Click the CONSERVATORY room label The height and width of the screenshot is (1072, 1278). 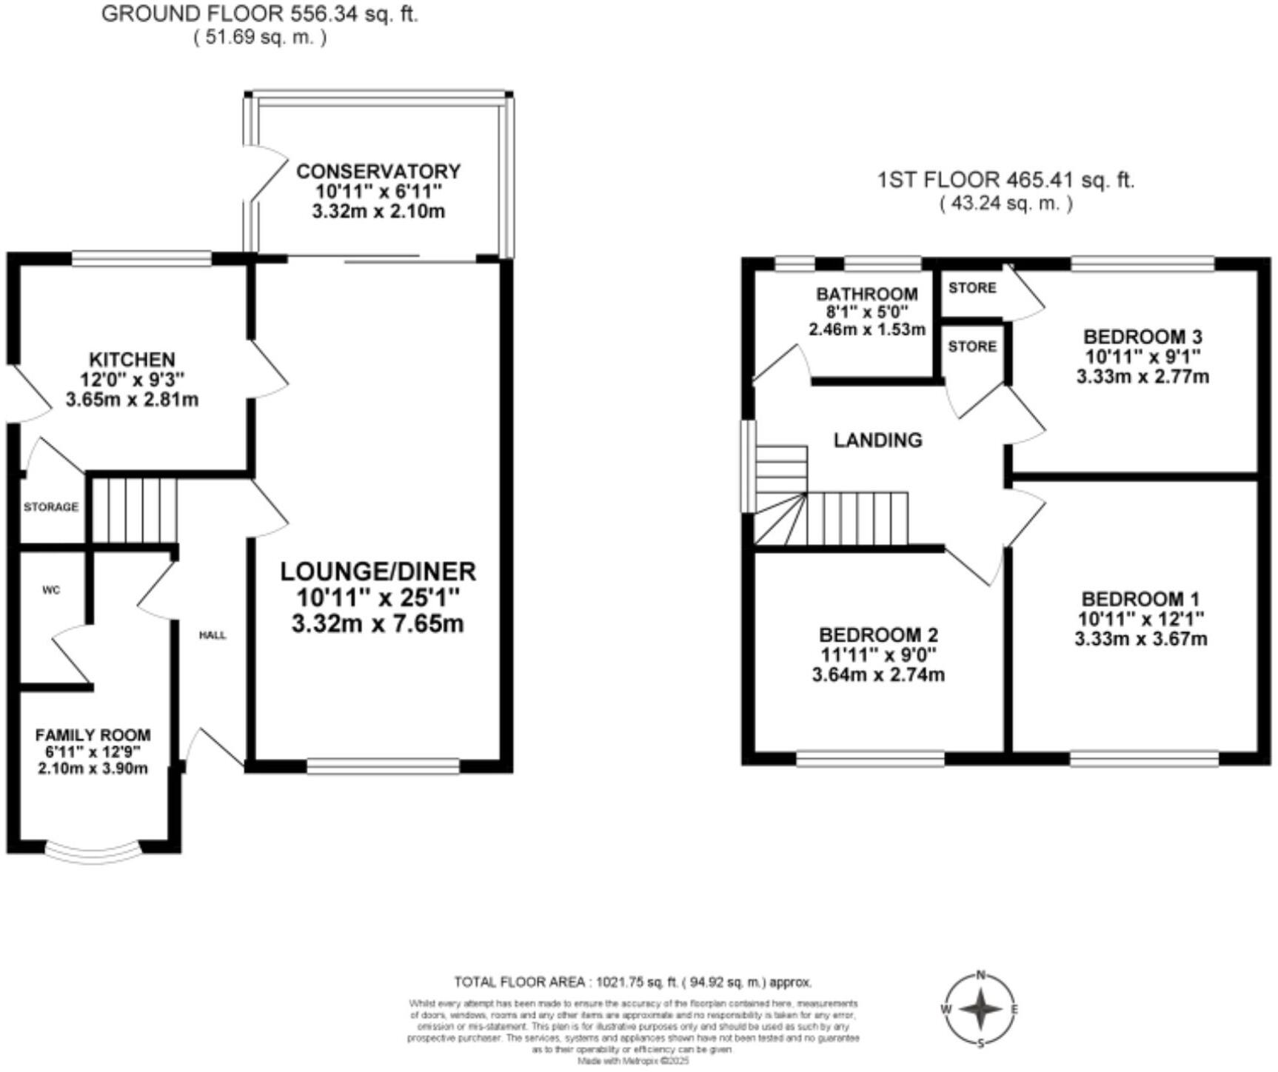[x=378, y=172]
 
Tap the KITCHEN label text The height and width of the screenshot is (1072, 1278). [x=132, y=360]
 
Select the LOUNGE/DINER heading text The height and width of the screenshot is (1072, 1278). [x=378, y=572]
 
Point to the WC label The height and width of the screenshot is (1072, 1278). [x=51, y=590]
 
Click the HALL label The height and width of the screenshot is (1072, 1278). [x=213, y=635]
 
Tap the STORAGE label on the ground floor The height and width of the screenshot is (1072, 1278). [x=51, y=507]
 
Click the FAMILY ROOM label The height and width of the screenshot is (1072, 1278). [x=93, y=735]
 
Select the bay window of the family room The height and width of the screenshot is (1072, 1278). [x=93, y=851]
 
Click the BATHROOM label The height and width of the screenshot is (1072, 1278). [x=867, y=294]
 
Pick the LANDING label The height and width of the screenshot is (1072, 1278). [x=878, y=440]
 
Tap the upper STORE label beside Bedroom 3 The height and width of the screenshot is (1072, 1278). [x=972, y=287]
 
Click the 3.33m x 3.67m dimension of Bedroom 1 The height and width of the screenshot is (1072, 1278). [x=1141, y=639]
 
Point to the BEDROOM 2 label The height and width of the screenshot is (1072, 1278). [x=878, y=635]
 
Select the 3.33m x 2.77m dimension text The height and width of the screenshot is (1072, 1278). [x=1142, y=376]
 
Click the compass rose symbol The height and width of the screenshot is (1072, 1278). [x=981, y=1009]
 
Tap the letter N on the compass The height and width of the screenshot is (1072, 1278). [x=981, y=975]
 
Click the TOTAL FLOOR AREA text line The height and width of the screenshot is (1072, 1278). [x=633, y=982]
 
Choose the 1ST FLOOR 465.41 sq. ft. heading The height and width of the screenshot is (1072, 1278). [x=1006, y=180]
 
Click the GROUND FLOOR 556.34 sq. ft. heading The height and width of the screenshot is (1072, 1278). [x=260, y=14]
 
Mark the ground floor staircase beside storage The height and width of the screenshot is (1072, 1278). [x=134, y=510]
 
